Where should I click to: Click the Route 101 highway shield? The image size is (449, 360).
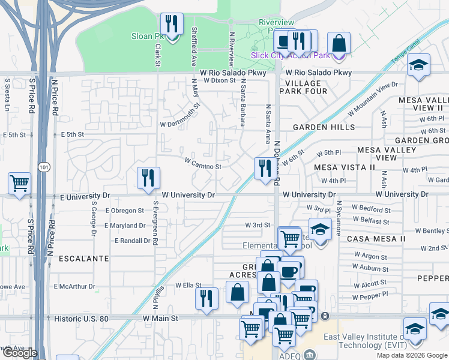click(43, 165)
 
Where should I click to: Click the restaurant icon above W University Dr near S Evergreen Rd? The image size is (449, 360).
click(148, 178)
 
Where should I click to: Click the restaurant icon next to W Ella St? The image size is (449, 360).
click(206, 298)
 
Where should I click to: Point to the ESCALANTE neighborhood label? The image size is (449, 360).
click(83, 259)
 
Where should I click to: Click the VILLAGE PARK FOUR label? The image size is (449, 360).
click(306, 87)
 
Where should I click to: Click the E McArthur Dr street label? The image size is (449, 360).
click(74, 287)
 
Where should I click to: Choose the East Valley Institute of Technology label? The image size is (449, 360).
click(363, 341)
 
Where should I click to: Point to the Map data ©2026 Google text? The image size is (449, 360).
click(411, 355)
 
